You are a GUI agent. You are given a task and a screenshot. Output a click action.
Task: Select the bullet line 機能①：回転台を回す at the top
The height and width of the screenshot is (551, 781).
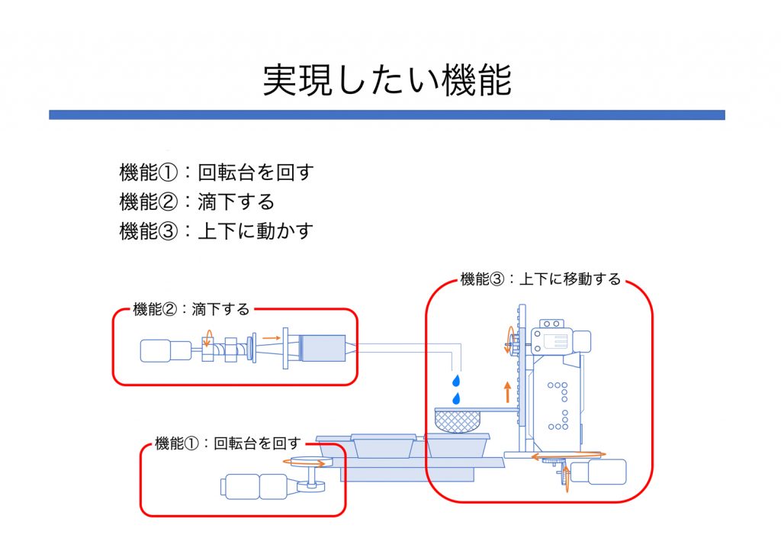click(217, 172)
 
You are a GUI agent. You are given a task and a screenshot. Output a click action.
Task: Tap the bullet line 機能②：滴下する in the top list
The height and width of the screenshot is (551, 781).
click(197, 201)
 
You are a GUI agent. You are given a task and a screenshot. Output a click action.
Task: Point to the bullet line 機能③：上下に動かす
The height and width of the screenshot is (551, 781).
click(217, 231)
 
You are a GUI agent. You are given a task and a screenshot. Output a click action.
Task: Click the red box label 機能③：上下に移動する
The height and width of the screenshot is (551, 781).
click(540, 279)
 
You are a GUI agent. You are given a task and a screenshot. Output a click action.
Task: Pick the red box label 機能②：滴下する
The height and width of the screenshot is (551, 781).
click(191, 309)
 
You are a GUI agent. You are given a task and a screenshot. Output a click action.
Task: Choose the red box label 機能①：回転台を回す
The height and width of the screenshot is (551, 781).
click(227, 443)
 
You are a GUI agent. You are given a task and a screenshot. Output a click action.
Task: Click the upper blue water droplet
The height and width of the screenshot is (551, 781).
click(456, 380)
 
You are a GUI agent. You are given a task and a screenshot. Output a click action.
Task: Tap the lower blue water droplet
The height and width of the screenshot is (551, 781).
click(456, 398)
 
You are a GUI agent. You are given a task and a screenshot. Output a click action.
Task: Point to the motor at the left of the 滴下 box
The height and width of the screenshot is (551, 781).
click(166, 350)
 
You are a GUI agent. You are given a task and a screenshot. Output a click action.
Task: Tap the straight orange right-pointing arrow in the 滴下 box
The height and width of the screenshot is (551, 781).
click(270, 337)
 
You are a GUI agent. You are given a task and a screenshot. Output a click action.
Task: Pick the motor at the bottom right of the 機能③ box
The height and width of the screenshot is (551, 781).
click(602, 472)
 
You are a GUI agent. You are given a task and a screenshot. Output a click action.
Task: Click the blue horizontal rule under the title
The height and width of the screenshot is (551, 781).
click(387, 114)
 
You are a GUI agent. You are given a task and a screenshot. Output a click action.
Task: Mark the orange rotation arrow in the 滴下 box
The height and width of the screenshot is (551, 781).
click(206, 341)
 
